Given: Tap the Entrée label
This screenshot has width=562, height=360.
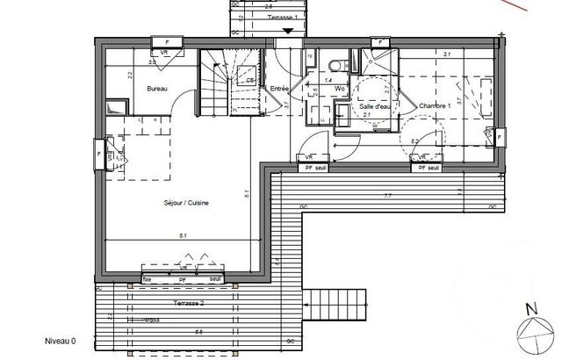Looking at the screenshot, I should [x=280, y=89].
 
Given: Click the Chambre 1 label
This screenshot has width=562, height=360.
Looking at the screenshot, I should [x=434, y=105].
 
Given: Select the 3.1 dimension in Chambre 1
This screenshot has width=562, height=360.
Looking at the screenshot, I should [x=447, y=54].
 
